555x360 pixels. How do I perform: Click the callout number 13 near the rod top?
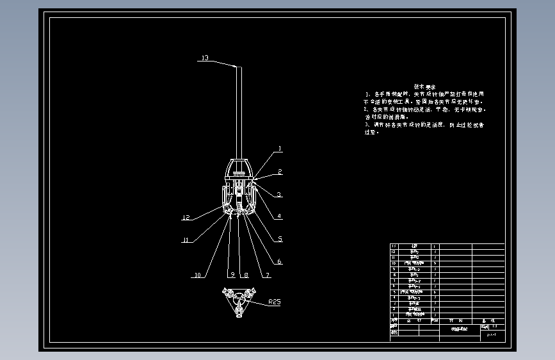204,58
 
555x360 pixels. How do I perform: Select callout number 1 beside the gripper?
279,149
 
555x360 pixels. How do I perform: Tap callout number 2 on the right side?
279,172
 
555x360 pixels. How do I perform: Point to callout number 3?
279,194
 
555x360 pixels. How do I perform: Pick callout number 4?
279,216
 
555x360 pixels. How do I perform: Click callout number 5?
279,239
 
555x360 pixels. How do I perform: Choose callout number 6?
279,261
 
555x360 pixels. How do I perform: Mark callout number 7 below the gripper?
267,275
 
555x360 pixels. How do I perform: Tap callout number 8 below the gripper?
245,275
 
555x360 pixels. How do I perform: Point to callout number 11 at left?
186,240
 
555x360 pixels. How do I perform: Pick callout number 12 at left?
186,218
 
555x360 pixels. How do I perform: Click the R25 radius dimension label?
275,302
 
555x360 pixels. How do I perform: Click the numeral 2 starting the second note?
366,110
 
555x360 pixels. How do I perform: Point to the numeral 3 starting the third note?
366,125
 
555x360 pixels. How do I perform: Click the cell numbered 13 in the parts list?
394,246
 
